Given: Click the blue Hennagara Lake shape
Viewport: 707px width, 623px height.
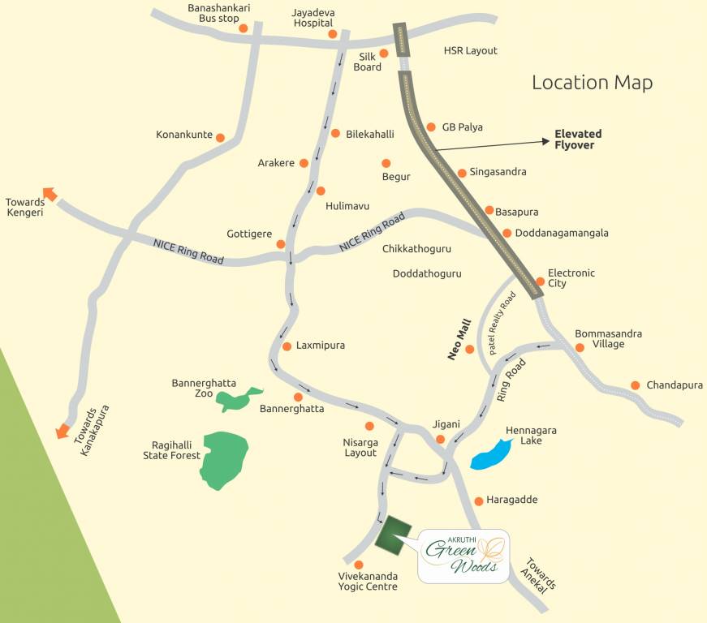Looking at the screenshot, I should (x=489, y=455).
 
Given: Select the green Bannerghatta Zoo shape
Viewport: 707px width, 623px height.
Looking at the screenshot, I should (x=236, y=398).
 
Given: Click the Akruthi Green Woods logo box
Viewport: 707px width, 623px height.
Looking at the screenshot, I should (x=463, y=556).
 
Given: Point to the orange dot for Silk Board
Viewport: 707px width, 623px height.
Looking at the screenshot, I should (x=385, y=53).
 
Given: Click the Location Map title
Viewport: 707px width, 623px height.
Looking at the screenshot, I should (x=592, y=82).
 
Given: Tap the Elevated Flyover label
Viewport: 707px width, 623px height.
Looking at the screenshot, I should (x=578, y=140).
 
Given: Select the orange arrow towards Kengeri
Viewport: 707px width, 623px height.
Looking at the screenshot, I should (x=50, y=194).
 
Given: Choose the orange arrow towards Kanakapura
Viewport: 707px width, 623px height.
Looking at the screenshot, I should (x=62, y=432).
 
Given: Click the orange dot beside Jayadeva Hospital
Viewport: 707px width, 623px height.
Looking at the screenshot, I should (x=332, y=34).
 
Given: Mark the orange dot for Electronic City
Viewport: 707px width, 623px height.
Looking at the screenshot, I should (x=540, y=281).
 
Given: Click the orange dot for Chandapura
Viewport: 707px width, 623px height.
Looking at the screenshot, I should (x=636, y=385).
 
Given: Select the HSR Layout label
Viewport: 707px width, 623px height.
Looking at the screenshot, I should (x=470, y=51).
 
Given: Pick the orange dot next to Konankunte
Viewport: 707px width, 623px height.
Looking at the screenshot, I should (x=220, y=138).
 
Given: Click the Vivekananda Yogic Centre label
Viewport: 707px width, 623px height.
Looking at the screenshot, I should (x=368, y=581).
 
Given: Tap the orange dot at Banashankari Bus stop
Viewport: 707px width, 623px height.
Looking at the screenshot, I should (x=243, y=28).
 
